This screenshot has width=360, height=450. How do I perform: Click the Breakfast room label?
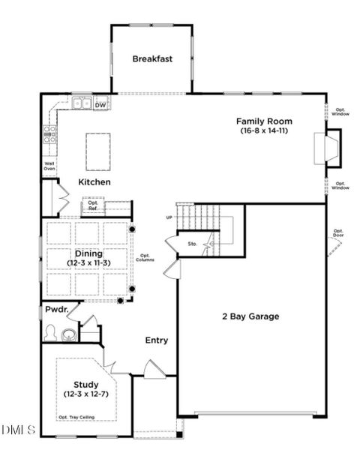pyautogui.click(x=153, y=58)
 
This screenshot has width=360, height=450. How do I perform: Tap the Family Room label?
pyautogui.click(x=264, y=121)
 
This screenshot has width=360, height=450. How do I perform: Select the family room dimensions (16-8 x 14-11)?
pyautogui.click(x=264, y=130)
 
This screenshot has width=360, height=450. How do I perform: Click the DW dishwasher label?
pyautogui.click(x=100, y=105)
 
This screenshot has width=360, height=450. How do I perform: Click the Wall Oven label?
pyautogui.click(x=49, y=166)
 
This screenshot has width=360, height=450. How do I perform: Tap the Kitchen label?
pyautogui.click(x=94, y=182)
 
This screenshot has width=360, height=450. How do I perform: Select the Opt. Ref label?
pyautogui.click(x=93, y=205)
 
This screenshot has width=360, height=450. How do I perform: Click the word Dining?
pyautogui.click(x=88, y=253)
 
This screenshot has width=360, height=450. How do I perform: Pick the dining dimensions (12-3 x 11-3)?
pyautogui.click(x=88, y=263)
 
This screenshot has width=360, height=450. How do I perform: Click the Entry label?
pyautogui.click(x=156, y=340)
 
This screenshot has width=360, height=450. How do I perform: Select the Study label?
pyautogui.click(x=86, y=384)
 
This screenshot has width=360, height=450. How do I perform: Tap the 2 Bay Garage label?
pyautogui.click(x=250, y=316)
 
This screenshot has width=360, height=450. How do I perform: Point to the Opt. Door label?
pyautogui.click(x=338, y=232)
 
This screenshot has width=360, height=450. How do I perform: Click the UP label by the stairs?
pyautogui.click(x=169, y=217)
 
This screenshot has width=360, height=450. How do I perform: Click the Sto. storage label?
pyautogui.click(x=192, y=244)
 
